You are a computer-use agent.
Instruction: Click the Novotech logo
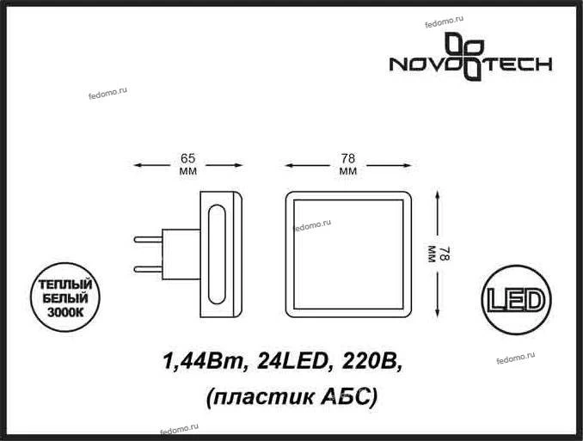pos(470,57)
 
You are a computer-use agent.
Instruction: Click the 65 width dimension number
pos(187,158)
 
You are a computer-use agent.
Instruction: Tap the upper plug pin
pos(148,240)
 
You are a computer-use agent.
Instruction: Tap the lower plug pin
pos(148,269)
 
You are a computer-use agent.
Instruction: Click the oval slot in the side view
pos(217,254)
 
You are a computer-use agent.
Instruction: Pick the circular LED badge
pos(516,300)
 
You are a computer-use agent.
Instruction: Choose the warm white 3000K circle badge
pos(65,297)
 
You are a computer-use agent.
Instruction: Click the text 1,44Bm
pos(203,361)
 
